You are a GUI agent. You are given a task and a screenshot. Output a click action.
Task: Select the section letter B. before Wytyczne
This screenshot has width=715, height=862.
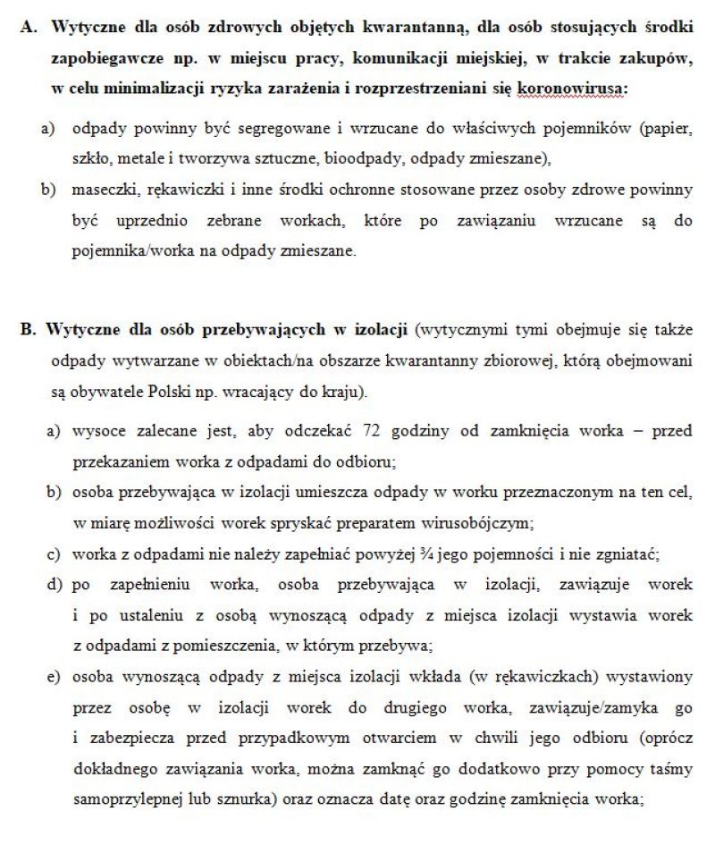tap(29, 330)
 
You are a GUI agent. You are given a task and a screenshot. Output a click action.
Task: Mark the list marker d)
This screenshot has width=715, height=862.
tap(54, 585)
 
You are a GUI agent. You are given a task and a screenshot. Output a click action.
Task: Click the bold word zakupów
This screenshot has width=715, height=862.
tap(658, 58)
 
